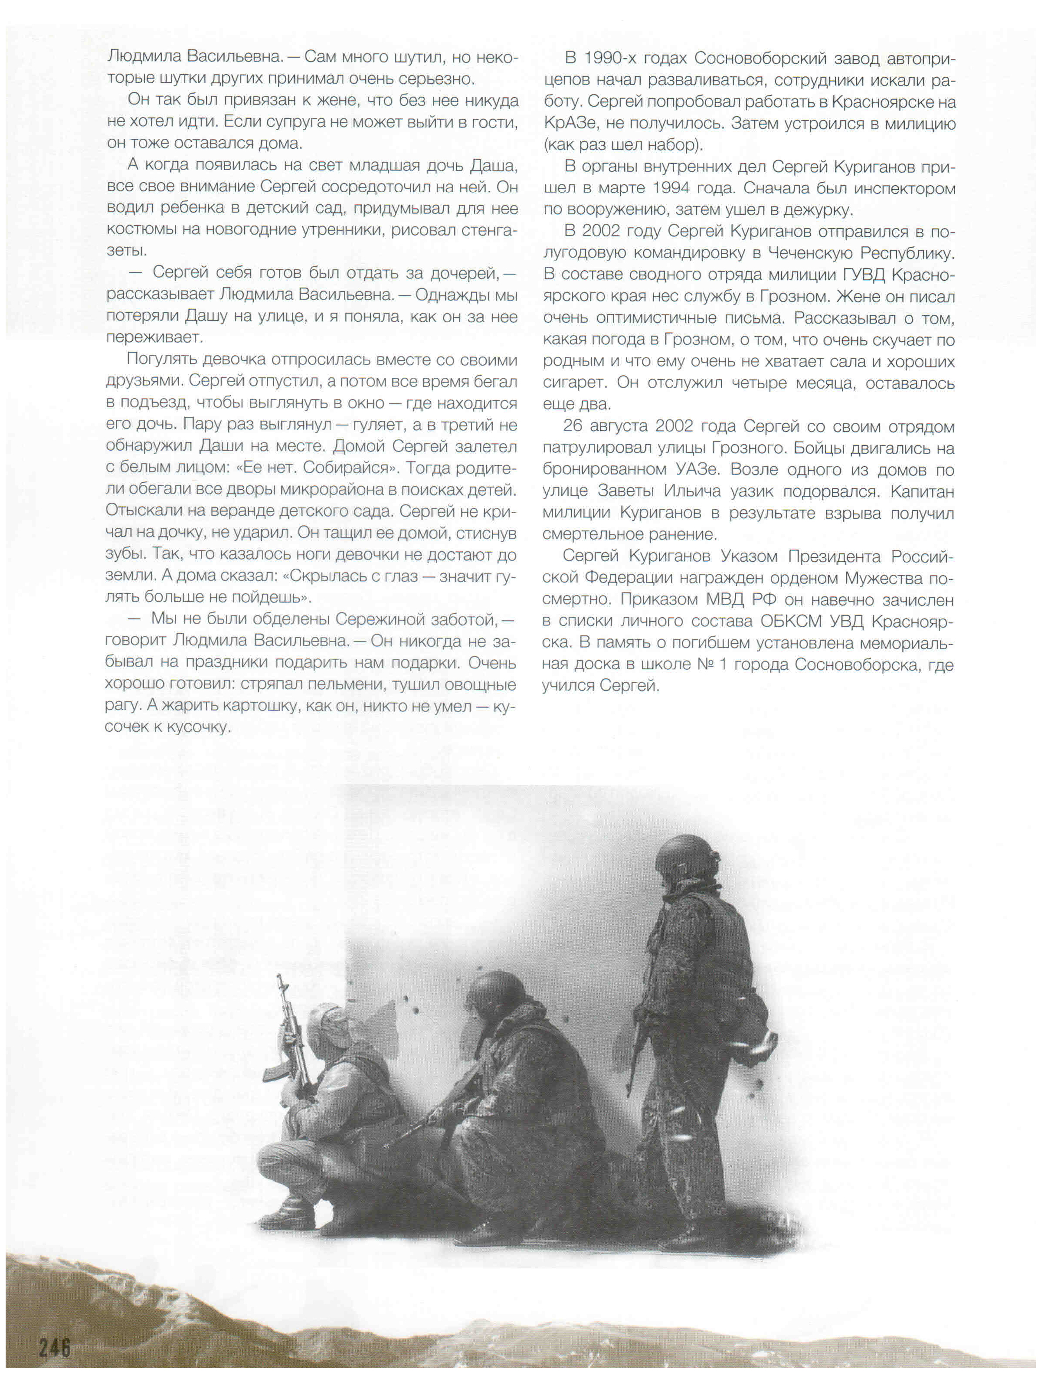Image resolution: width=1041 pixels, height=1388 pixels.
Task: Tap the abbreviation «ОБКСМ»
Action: coord(790,621)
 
